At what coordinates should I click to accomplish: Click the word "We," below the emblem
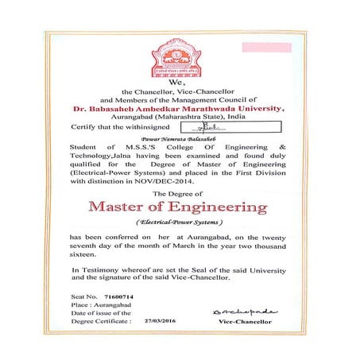click(179, 83)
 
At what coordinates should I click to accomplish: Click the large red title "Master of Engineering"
click(180, 207)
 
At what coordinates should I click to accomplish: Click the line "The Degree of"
click(180, 193)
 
